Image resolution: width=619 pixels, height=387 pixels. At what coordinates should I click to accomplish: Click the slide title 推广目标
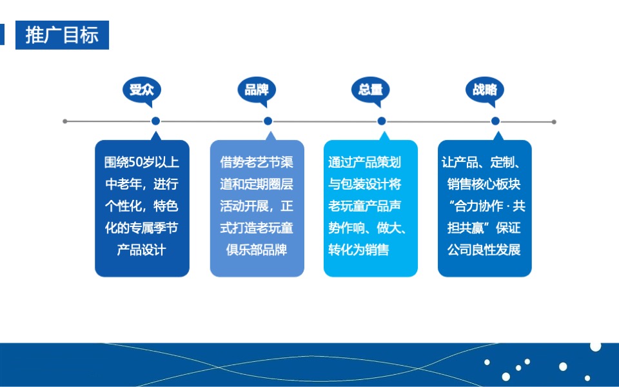[x=62, y=35]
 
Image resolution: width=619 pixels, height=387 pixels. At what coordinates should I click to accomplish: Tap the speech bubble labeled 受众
[x=142, y=90]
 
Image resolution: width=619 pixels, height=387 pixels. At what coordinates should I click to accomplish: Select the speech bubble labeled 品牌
[x=256, y=90]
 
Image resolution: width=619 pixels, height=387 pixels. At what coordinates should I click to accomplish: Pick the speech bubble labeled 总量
[x=370, y=90]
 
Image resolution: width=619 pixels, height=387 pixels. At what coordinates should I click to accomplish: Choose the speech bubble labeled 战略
[x=484, y=90]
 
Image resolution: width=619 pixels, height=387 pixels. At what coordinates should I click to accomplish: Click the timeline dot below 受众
[x=155, y=121]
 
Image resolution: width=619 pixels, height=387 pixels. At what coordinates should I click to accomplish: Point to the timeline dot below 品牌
[x=268, y=121]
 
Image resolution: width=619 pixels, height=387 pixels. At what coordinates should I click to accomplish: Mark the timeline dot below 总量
[x=382, y=121]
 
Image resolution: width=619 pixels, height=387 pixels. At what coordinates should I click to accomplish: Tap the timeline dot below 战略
[x=495, y=121]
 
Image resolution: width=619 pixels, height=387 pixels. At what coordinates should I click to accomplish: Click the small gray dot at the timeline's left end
[x=64, y=121]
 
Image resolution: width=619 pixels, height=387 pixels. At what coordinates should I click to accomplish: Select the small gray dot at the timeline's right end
[x=554, y=121]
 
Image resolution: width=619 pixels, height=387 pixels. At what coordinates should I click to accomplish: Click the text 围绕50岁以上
[x=142, y=163]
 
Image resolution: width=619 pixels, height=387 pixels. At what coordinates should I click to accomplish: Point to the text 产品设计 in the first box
[x=142, y=250]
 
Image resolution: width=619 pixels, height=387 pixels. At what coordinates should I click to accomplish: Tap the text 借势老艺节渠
[x=257, y=163]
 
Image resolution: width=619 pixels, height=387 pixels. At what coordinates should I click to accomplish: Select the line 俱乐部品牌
[x=257, y=250]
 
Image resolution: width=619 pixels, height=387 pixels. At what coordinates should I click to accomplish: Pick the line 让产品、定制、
[x=485, y=163]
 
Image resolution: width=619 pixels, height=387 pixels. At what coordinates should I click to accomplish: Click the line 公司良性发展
[x=484, y=250]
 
